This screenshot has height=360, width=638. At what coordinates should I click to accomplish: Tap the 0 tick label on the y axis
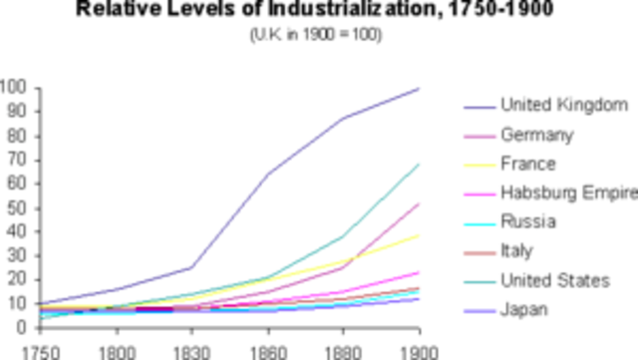coord(21,327)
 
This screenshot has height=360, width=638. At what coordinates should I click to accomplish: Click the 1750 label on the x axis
coord(20,350)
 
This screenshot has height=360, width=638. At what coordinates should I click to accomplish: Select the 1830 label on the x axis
coord(191,350)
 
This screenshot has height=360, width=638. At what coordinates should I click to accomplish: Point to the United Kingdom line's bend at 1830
coord(191,267)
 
